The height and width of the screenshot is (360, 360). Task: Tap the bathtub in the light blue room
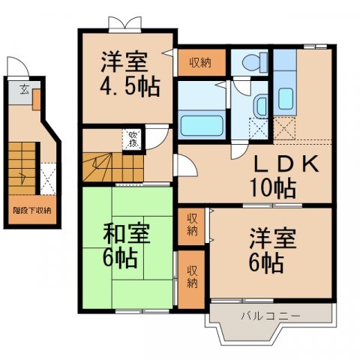[x=201, y=123]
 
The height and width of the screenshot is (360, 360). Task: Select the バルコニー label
[x=270, y=316]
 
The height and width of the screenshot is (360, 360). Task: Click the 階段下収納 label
[x=31, y=210]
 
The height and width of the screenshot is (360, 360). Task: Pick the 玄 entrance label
[x=23, y=90]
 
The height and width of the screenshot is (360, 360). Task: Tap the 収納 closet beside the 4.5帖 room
[x=199, y=62]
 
